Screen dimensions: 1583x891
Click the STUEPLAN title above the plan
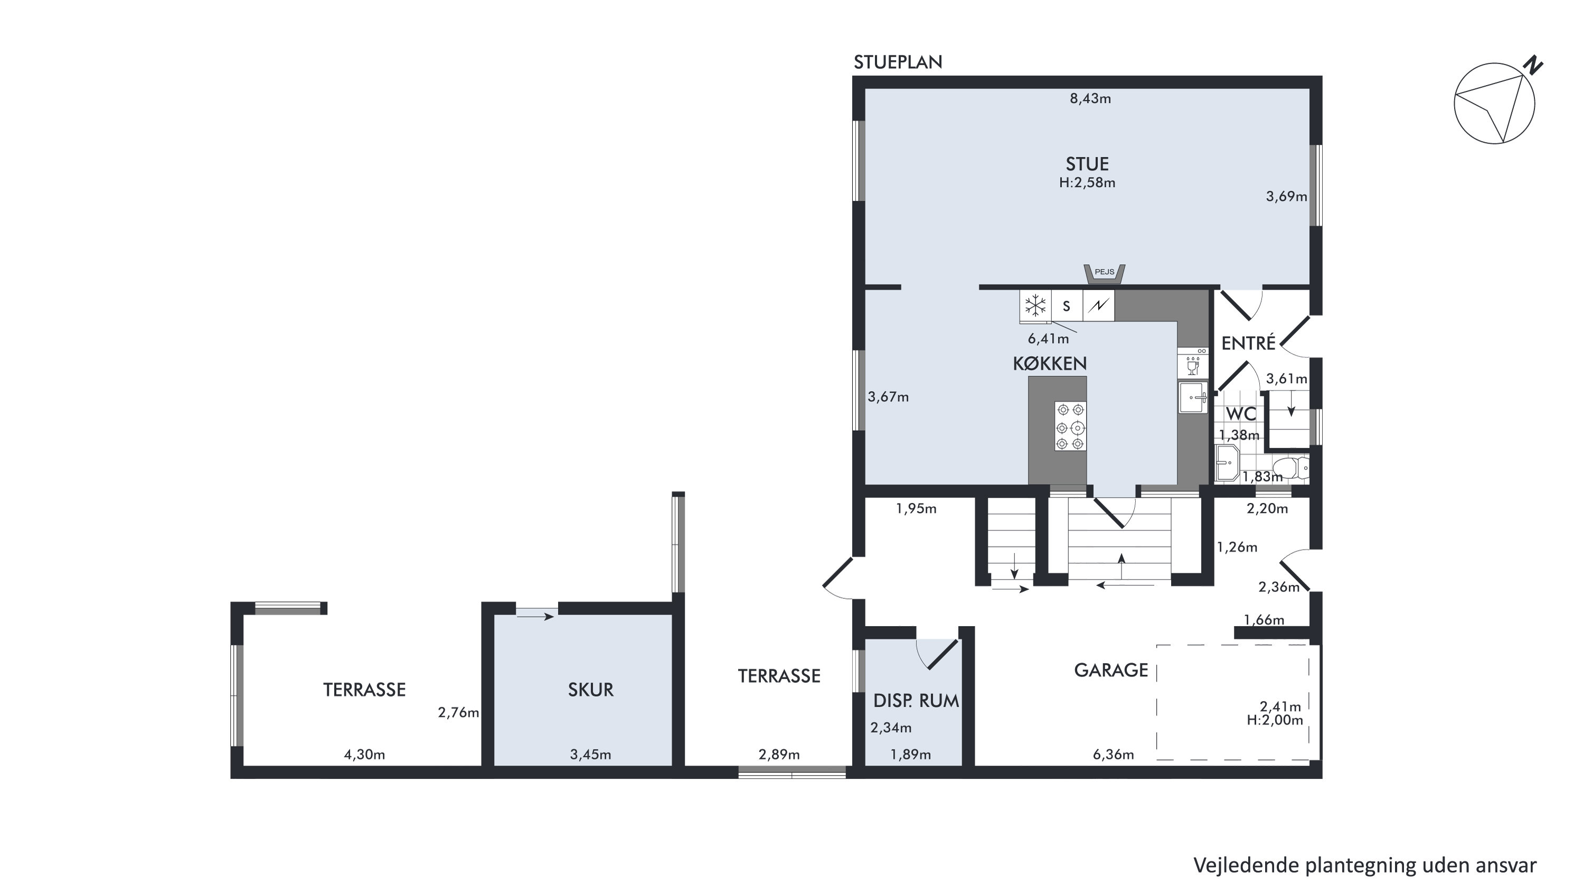(x=898, y=62)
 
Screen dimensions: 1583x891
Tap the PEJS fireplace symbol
(x=1104, y=274)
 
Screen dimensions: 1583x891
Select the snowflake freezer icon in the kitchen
(x=1036, y=305)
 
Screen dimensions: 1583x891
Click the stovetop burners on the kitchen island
(x=1070, y=426)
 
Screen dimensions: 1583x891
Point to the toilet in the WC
(x=1291, y=468)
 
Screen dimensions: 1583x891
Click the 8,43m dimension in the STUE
(x=1090, y=98)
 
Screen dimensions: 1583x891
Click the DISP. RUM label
(x=916, y=701)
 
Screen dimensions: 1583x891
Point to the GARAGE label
(x=1111, y=670)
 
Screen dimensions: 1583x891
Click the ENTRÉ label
(x=1248, y=343)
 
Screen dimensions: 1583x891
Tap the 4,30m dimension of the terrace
(x=364, y=755)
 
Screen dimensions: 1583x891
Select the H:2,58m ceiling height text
(x=1087, y=183)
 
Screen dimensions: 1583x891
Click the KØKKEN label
(x=1050, y=364)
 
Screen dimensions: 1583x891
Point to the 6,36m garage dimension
(x=1113, y=755)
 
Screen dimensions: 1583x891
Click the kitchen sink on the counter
(x=1193, y=397)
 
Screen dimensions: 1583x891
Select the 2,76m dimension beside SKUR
(x=458, y=713)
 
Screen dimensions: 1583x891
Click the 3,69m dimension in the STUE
(x=1286, y=196)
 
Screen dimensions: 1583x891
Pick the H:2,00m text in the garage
(x=1275, y=721)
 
